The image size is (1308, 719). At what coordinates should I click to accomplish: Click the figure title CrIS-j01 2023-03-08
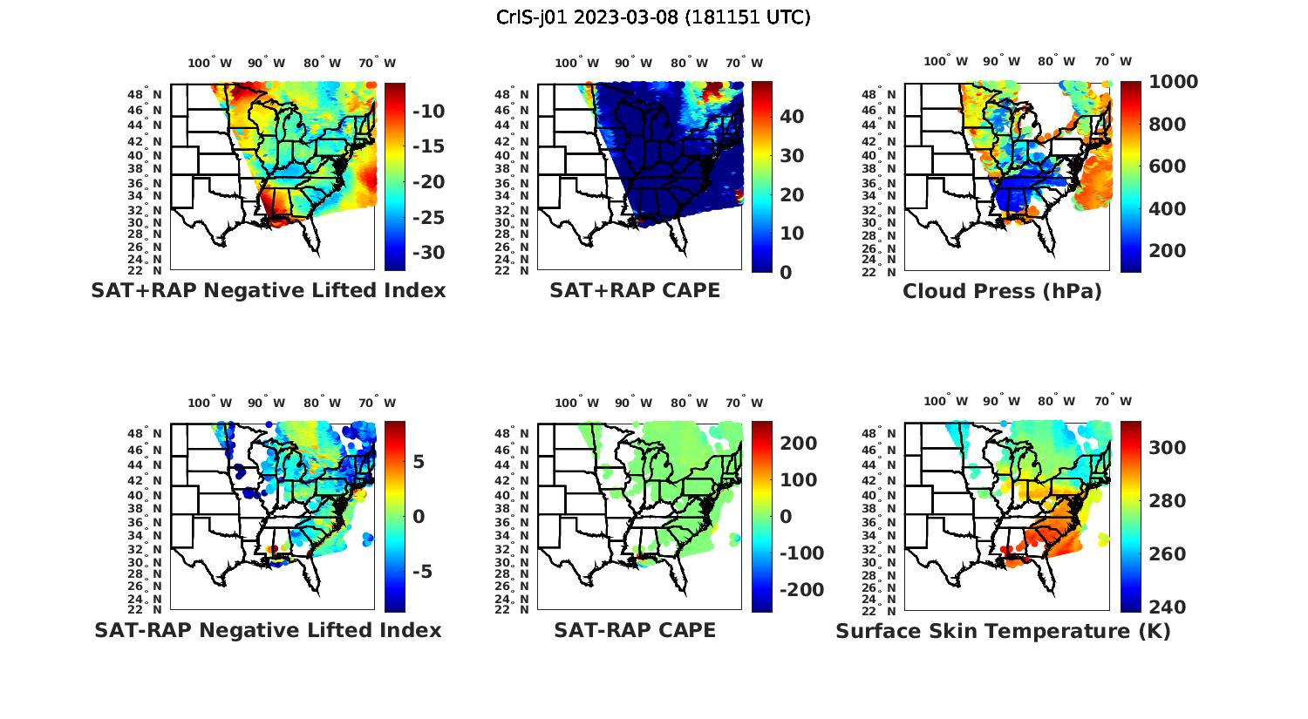click(653, 17)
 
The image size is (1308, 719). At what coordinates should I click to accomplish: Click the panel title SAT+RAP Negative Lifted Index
click(268, 290)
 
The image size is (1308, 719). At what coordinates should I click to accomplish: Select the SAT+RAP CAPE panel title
click(635, 290)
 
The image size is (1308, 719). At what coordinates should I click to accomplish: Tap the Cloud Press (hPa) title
click(1002, 291)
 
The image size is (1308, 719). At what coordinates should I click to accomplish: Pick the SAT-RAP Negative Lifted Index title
click(268, 630)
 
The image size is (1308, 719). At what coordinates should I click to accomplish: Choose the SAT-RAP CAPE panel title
click(635, 630)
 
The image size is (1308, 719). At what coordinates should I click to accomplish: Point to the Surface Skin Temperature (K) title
click(1003, 631)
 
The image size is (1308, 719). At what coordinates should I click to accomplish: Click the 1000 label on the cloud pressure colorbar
click(1173, 82)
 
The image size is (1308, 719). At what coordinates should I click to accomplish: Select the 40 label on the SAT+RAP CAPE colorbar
click(792, 117)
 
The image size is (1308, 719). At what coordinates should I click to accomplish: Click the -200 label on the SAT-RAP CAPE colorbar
click(800, 590)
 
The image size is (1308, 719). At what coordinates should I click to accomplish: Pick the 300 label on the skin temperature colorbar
click(1168, 448)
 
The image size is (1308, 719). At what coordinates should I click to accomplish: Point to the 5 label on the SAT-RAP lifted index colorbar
click(419, 462)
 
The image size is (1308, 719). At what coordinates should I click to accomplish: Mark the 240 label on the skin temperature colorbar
click(1168, 607)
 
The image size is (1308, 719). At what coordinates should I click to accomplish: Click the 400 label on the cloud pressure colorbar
click(1168, 208)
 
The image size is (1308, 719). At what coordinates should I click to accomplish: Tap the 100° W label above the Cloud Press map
click(946, 61)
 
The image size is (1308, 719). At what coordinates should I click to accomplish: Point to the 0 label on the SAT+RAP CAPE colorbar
click(786, 272)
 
